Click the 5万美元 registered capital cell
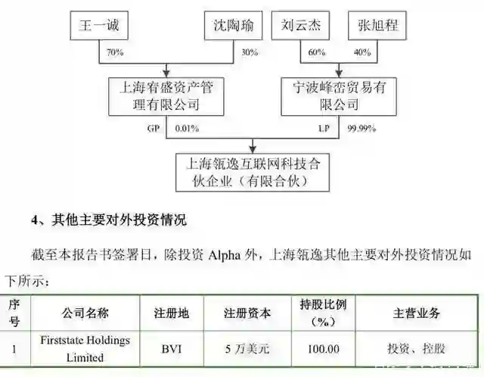point(246,349)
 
